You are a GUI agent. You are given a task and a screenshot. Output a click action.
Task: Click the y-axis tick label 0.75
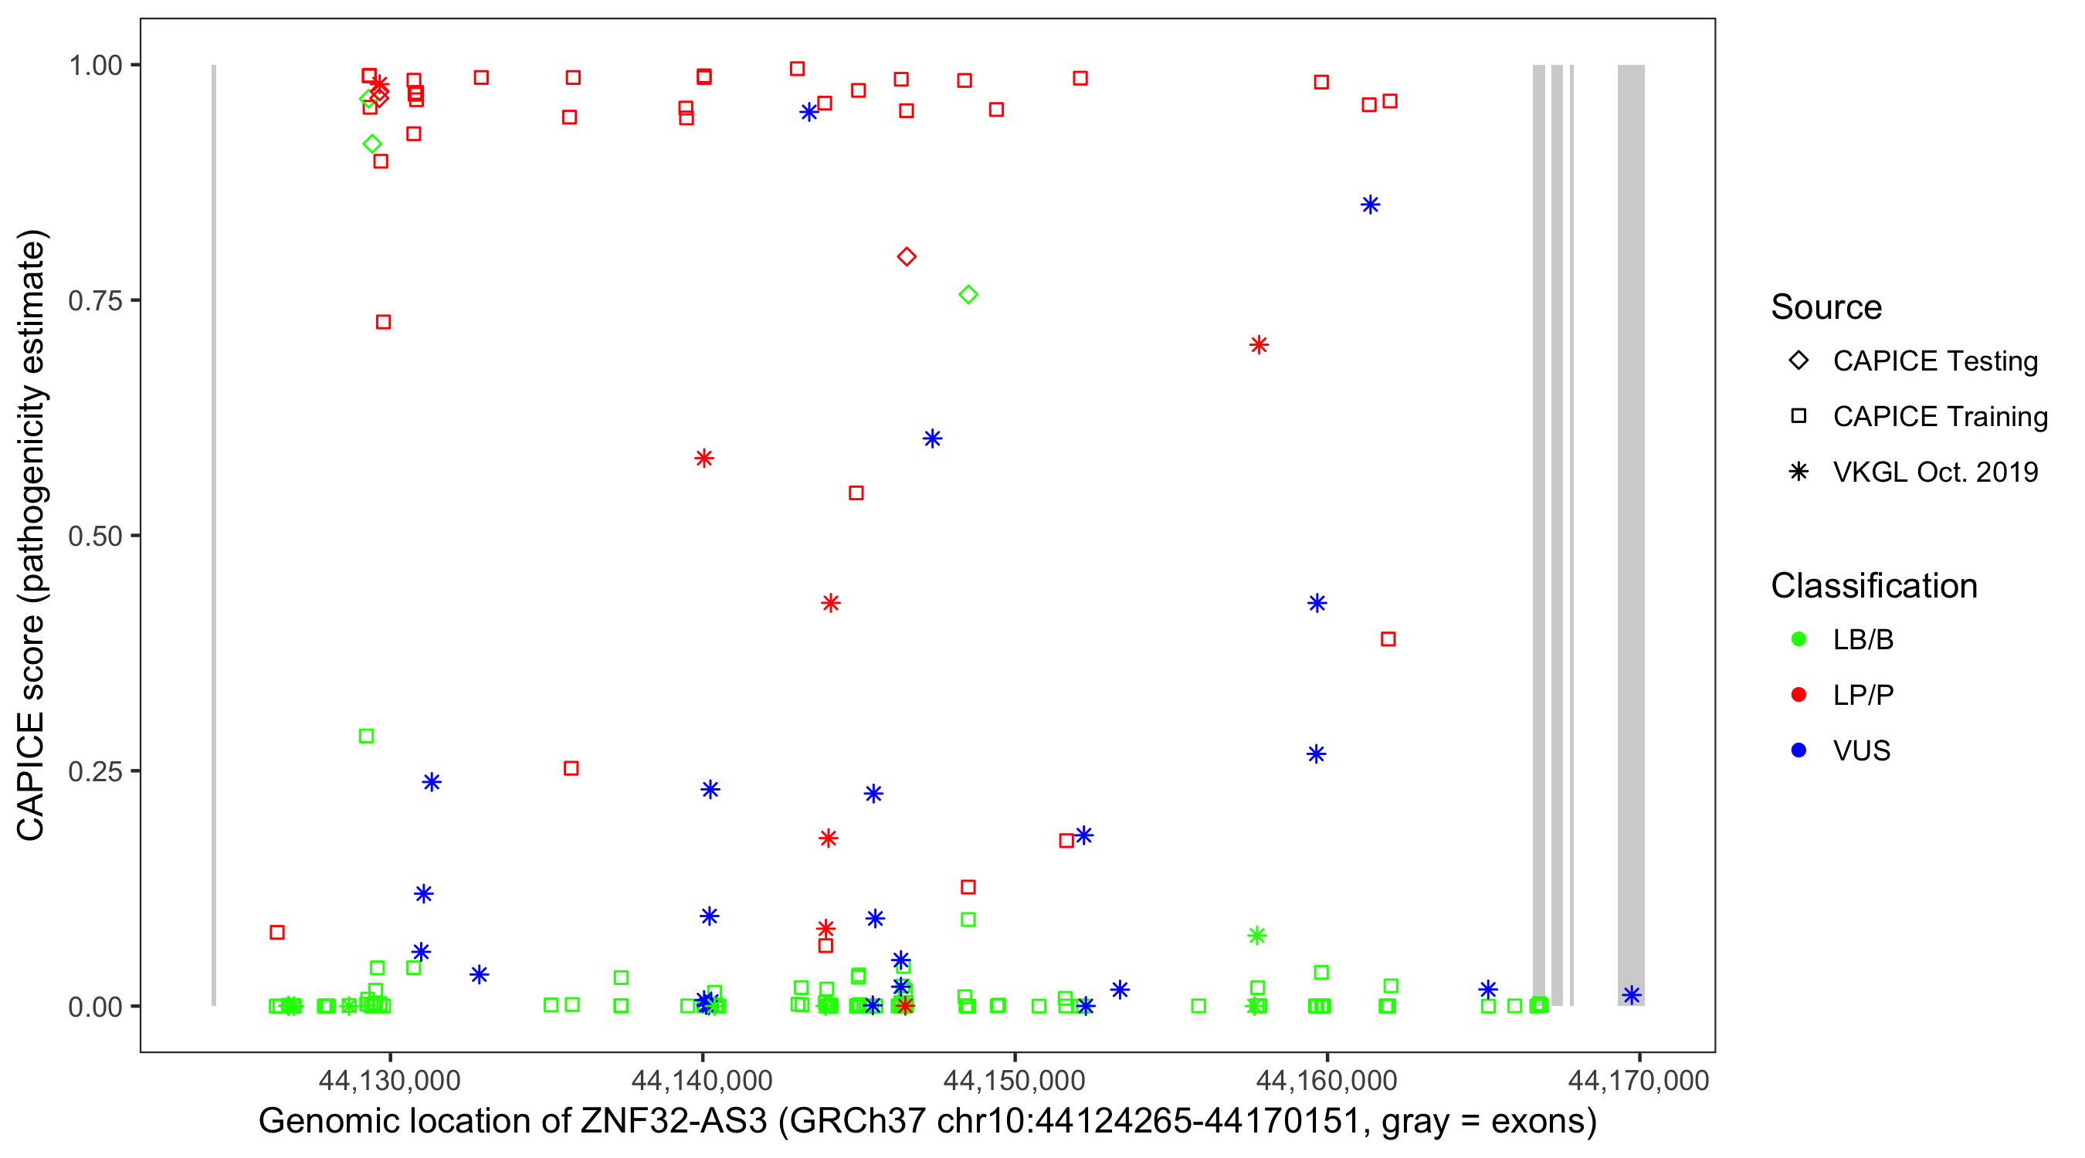point(94,301)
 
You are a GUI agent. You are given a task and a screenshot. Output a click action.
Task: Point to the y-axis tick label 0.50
point(94,536)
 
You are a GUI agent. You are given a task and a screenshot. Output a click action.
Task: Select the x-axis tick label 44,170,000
point(1638,1080)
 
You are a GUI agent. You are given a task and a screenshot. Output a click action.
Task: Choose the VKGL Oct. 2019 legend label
point(1934,472)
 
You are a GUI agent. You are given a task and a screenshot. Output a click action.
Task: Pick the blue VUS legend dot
point(1799,750)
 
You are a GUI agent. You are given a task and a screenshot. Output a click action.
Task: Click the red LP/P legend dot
point(1799,694)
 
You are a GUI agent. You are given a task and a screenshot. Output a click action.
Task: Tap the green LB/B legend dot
point(1799,639)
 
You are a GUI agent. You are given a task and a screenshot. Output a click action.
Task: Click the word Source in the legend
point(1826,307)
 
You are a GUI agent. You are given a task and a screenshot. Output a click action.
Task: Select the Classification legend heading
point(1873,586)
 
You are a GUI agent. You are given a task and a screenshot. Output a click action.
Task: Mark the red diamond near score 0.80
point(907,256)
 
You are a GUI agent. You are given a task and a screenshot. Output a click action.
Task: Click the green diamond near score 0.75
point(968,295)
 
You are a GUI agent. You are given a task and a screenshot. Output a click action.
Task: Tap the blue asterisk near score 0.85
point(1369,205)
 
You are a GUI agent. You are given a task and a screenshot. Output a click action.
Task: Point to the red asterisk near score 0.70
point(1259,345)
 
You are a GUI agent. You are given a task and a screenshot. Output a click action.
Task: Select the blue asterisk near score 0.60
point(932,438)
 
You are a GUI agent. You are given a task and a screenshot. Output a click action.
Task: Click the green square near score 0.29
point(366,736)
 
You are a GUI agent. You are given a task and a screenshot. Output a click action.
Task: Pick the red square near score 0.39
point(1388,639)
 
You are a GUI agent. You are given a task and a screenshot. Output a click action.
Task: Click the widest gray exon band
point(1631,534)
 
